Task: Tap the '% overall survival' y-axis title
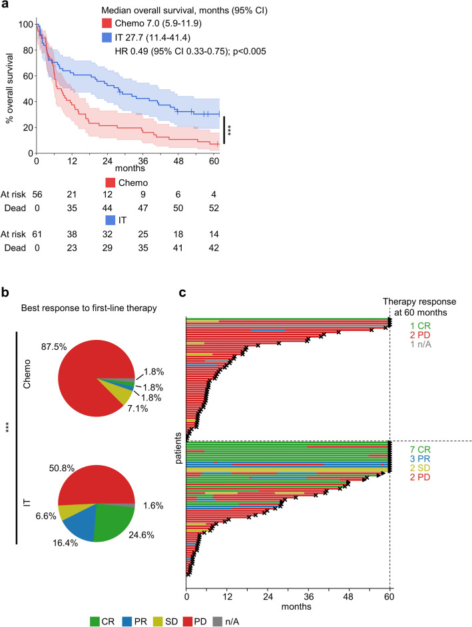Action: [11, 88]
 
